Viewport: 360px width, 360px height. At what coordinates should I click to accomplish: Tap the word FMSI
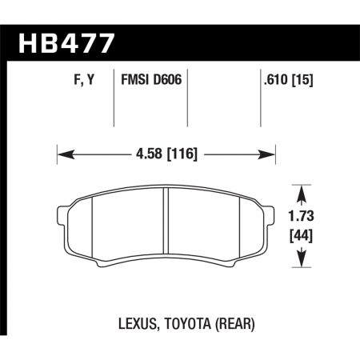(137, 79)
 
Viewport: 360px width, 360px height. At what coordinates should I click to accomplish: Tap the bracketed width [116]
(183, 151)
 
